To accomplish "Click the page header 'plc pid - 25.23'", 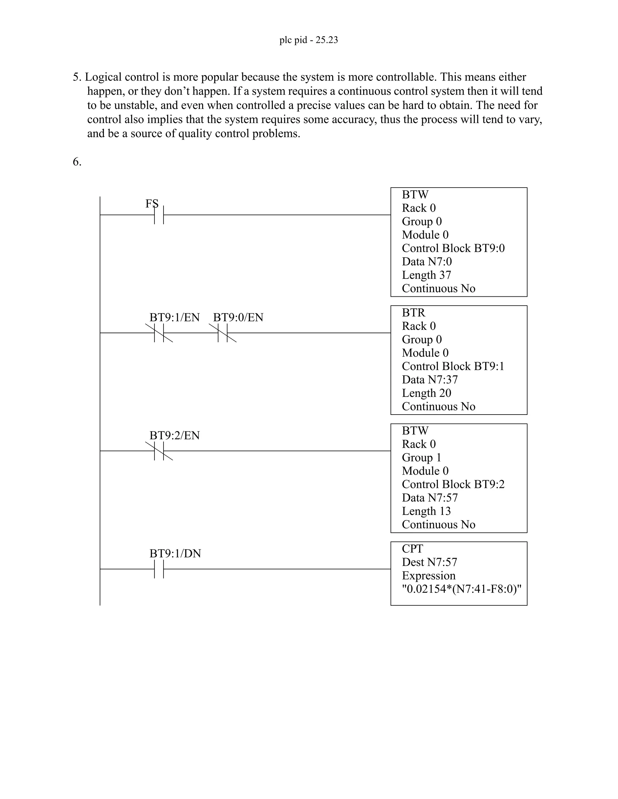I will click(x=309, y=40).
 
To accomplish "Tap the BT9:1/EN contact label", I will click(x=174, y=317).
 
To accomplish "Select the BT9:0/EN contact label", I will click(x=238, y=317).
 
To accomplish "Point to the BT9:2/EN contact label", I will click(x=174, y=435).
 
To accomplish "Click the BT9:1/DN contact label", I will click(x=175, y=554).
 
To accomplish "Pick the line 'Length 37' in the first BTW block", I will click(x=426, y=275).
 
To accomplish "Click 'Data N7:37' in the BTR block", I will click(x=429, y=380).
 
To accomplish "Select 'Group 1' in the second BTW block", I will click(x=421, y=458).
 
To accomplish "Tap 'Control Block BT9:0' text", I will click(x=453, y=248).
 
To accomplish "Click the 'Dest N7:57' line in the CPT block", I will click(x=429, y=562).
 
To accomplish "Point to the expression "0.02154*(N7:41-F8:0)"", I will click(x=461, y=589).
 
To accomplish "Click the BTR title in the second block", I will click(x=413, y=313).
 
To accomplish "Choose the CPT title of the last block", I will click(x=412, y=549).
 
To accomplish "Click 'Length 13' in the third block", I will click(x=426, y=511).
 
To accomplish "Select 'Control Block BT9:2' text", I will click(x=453, y=485).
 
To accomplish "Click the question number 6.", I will click(x=77, y=162).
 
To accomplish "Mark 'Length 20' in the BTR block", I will click(x=426, y=393).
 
